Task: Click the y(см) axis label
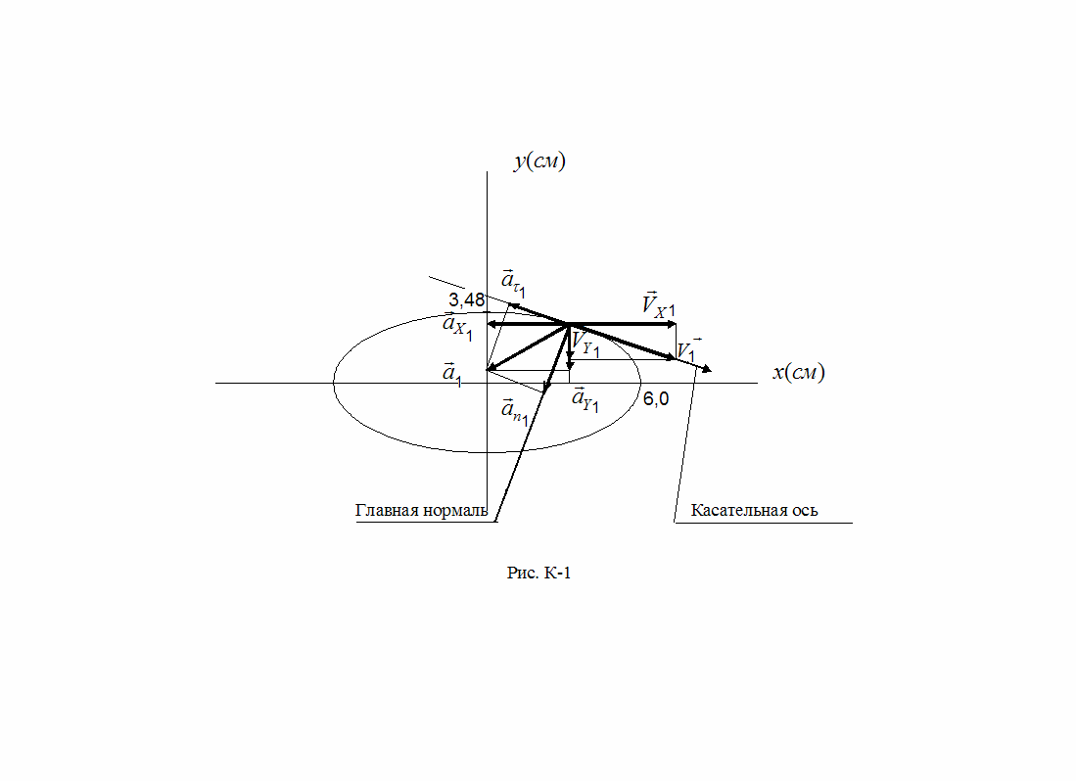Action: pyautogui.click(x=539, y=161)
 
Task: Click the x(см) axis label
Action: pyautogui.click(x=798, y=373)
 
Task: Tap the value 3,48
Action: pyautogui.click(x=467, y=299)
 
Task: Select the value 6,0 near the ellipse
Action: pyautogui.click(x=656, y=399)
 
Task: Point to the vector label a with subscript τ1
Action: pyautogui.click(x=513, y=282)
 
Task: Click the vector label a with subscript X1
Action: pyautogui.click(x=457, y=328)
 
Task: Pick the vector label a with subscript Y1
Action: pyautogui.click(x=585, y=400)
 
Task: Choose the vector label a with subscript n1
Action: pyautogui.click(x=514, y=411)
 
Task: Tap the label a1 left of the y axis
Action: pyautogui.click(x=451, y=373)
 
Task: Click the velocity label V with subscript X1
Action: pyautogui.click(x=658, y=304)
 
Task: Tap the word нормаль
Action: pyautogui.click(x=453, y=511)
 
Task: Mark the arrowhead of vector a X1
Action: pyautogui.click(x=491, y=323)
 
